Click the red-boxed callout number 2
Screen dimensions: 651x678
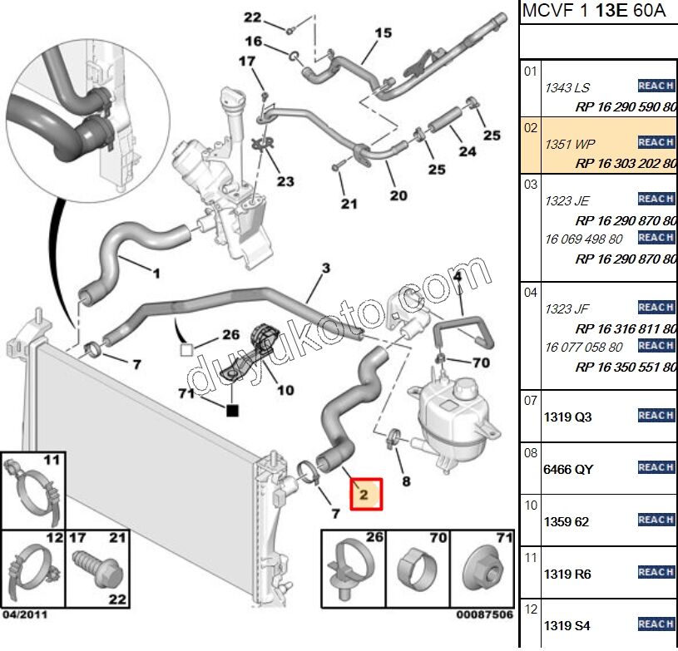tap(364, 495)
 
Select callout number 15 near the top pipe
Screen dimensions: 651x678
tap(383, 33)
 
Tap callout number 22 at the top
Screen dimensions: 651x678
tap(252, 17)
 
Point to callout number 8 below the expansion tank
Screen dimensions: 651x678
tap(405, 481)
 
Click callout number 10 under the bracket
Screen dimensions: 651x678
tap(285, 389)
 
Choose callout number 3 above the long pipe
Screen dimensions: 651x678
tap(325, 268)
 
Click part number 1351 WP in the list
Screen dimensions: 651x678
tap(564, 144)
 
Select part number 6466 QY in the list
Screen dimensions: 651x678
tap(568, 469)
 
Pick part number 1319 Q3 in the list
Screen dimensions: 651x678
tap(567, 417)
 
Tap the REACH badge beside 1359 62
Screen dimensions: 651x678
tap(656, 520)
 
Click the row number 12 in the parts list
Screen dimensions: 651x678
tap(531, 609)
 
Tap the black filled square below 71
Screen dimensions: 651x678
tap(234, 410)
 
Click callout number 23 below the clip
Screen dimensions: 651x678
tap(285, 181)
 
